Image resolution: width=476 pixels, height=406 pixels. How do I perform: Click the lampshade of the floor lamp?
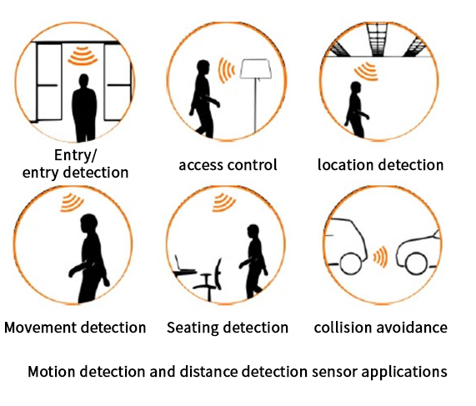point(256,69)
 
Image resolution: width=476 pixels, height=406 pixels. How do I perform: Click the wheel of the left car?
point(351,263)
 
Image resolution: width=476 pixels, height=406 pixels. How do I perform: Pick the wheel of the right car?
point(416,263)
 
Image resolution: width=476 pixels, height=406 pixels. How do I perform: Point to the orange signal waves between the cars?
point(380,257)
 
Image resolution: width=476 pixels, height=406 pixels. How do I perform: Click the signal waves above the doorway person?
point(83,56)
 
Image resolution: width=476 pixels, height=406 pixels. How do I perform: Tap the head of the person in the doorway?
point(83,81)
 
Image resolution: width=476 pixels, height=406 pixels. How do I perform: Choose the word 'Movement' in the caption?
point(40,328)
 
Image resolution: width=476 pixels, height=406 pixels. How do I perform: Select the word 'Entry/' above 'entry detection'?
point(76,155)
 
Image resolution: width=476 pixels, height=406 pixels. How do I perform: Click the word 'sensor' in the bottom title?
point(334,372)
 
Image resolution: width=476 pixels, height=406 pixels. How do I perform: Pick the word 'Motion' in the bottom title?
point(52,372)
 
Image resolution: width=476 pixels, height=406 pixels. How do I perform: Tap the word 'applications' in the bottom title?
point(404,373)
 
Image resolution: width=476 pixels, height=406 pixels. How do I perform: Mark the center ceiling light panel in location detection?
point(377,39)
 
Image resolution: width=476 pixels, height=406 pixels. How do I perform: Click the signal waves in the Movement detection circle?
point(72,203)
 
